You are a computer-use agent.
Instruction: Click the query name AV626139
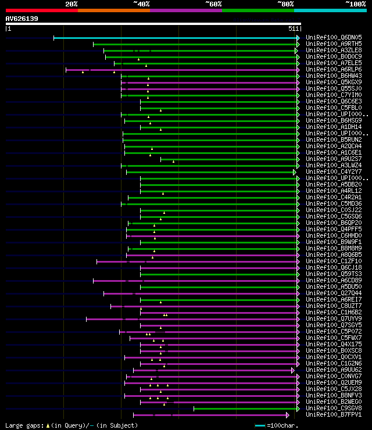pyautogui.click(x=22, y=19)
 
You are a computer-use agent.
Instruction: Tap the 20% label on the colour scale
pyautogui.click(x=71, y=4)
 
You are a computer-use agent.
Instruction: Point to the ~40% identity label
pyautogui.click(x=141, y=4)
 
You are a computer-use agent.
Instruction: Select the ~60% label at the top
pyautogui.click(x=213, y=4)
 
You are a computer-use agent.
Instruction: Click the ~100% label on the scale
pyautogui.click(x=355, y=4)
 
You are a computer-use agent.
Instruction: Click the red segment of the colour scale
pyautogui.click(x=41, y=10)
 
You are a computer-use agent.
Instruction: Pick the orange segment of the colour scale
pyautogui.click(x=113, y=10)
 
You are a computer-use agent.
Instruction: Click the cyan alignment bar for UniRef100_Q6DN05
pyautogui.click(x=174, y=38)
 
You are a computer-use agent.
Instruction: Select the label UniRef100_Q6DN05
pyautogui.click(x=334, y=37)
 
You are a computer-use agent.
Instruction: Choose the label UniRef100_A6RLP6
pyautogui.click(x=334, y=69)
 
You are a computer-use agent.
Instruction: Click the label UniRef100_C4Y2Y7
pyautogui.click(x=334, y=171)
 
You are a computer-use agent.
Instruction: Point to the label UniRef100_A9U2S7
pyautogui.click(x=334, y=159)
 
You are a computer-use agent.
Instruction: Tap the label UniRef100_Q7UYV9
pyautogui.click(x=334, y=318)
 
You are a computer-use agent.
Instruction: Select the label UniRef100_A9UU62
pyautogui.click(x=334, y=370)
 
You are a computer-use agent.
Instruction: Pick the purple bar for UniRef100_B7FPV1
pyautogui.click(x=209, y=415)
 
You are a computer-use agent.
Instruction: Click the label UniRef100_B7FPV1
pyautogui.click(x=334, y=414)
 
